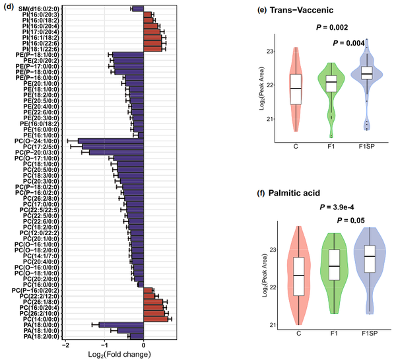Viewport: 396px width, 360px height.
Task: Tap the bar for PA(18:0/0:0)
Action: pyautogui.click(x=121, y=325)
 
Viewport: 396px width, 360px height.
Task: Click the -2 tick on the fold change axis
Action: pyautogui.click(x=65, y=345)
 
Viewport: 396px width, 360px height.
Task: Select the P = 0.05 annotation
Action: pyautogui.click(x=351, y=221)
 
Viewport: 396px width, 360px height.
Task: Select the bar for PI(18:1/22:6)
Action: pyautogui.click(x=155, y=48)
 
